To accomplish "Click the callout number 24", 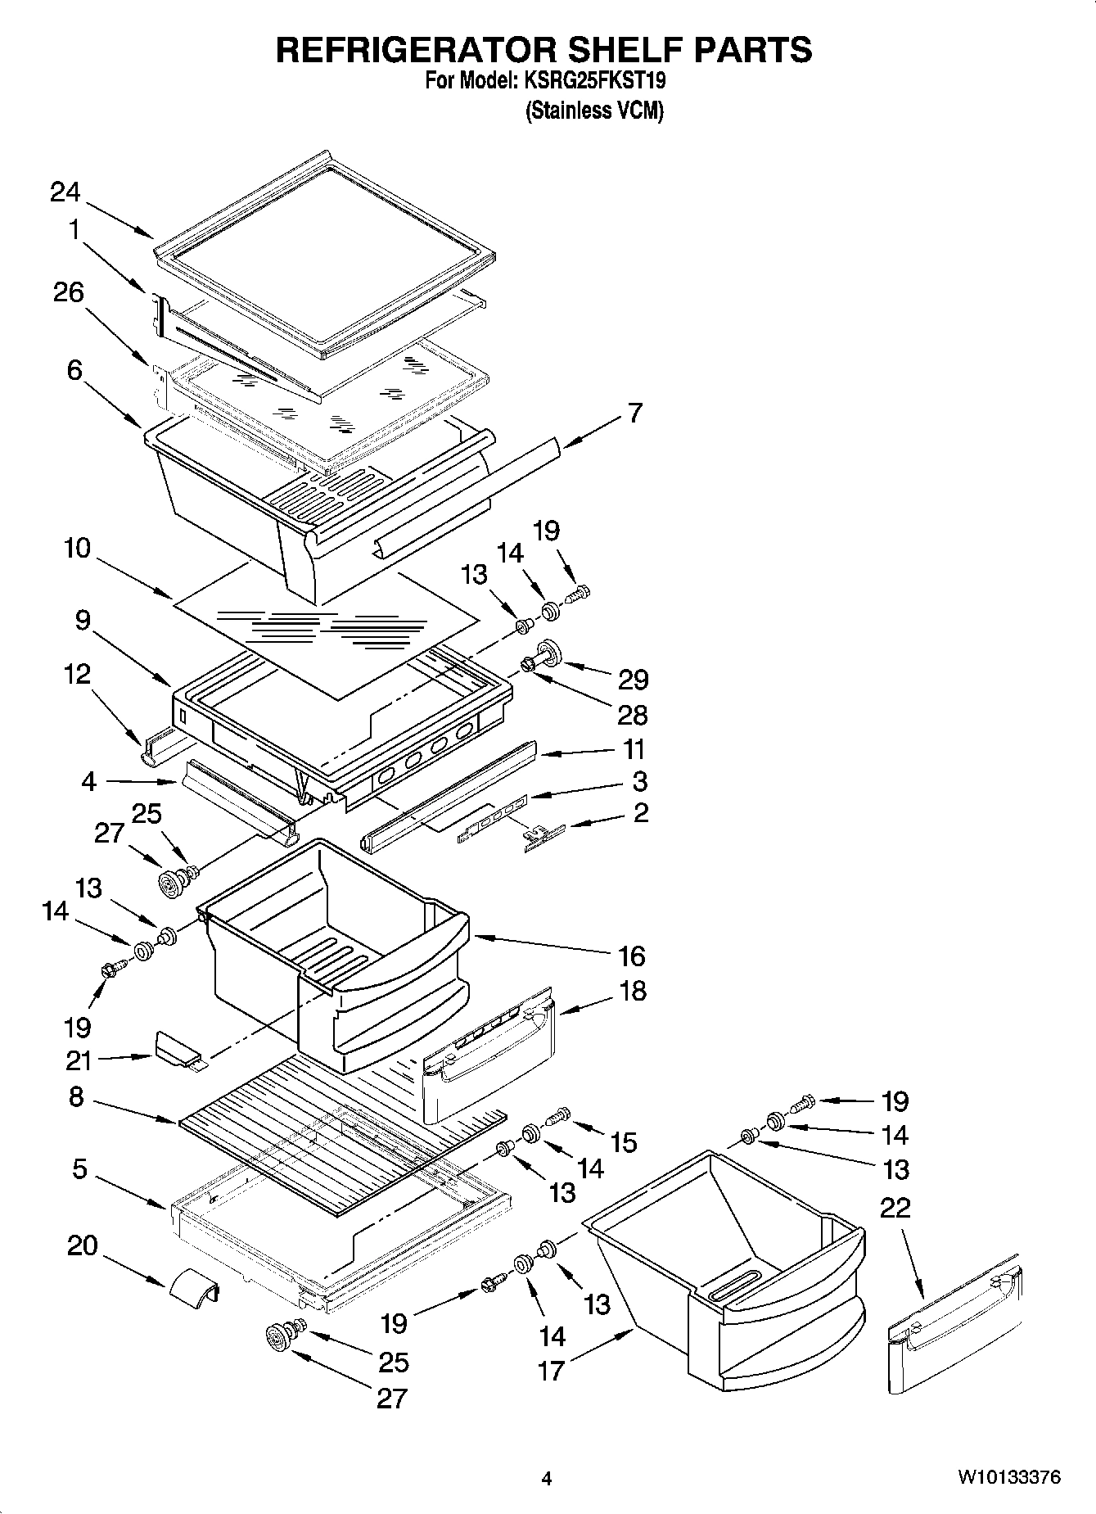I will click(x=65, y=192).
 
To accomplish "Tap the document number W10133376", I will click(x=1009, y=1478).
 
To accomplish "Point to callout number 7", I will click(x=635, y=413).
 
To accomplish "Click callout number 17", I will click(x=552, y=1370).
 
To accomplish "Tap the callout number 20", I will click(x=82, y=1246).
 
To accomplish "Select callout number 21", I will click(x=79, y=1060).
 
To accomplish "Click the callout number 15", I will click(x=624, y=1142).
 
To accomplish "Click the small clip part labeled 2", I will click(x=543, y=837).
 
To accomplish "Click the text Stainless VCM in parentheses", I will click(x=593, y=111).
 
